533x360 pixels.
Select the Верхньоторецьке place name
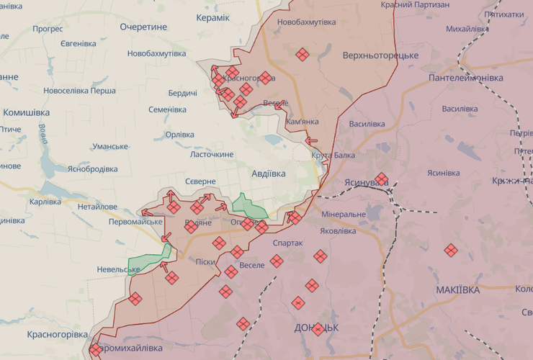[x=380, y=55]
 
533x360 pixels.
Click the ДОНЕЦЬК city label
[x=316, y=327]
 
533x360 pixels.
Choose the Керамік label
[x=213, y=17]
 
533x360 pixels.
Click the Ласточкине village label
[x=212, y=155]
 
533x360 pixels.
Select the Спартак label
[x=288, y=243]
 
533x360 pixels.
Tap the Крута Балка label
[x=333, y=156]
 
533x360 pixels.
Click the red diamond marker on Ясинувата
[x=381, y=179]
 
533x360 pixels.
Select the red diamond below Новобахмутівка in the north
[x=303, y=54]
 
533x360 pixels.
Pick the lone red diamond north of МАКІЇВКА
[x=451, y=250]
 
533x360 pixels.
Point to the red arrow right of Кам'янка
[x=312, y=141]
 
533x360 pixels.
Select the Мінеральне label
[x=344, y=214]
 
